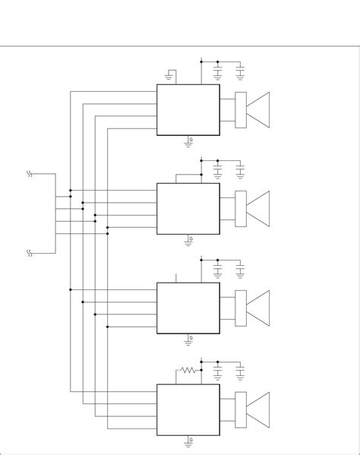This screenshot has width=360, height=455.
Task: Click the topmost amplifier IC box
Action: [188, 110]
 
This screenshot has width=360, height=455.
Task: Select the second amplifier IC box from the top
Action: [188, 209]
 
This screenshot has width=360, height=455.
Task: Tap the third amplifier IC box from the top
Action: [188, 308]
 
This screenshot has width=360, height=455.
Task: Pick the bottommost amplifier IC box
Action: [188, 409]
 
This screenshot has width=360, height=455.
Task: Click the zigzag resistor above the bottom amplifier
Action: [188, 371]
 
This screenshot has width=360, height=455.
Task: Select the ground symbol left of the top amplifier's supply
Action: [169, 75]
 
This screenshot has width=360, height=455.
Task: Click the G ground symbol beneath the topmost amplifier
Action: [189, 141]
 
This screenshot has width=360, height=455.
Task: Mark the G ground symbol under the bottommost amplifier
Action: [189, 441]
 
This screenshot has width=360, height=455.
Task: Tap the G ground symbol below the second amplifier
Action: [189, 240]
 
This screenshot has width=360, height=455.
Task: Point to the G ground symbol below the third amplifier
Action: [189, 339]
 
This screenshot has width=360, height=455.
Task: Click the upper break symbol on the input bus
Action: [30, 174]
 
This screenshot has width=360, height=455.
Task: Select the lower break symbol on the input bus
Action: [30, 252]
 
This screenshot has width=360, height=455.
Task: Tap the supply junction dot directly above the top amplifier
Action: [201, 61]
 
